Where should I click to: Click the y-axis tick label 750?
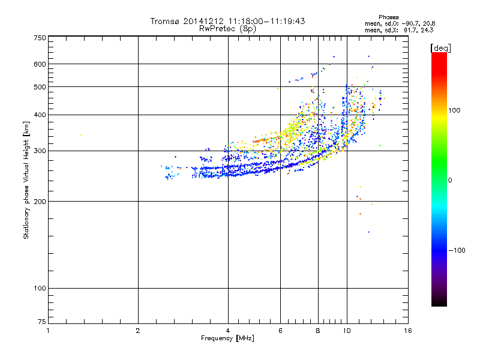click(x=40, y=37)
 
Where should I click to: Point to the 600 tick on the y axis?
click(x=40, y=64)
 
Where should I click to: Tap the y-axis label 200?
click(x=40, y=201)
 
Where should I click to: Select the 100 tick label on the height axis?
click(x=40, y=289)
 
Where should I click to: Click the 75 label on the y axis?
click(x=41, y=324)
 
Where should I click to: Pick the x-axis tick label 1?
click(x=48, y=331)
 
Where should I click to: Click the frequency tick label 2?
click(x=138, y=331)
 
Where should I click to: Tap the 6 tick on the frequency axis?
click(x=280, y=331)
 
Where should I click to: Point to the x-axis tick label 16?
click(x=408, y=331)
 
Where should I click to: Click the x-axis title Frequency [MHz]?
click(x=227, y=338)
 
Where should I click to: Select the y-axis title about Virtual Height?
click(x=26, y=180)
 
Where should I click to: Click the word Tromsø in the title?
click(x=164, y=21)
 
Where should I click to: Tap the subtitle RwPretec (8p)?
click(x=227, y=28)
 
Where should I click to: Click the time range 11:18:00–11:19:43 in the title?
click(x=262, y=21)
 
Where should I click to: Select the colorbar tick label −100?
click(x=456, y=250)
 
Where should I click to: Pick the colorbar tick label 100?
click(x=455, y=110)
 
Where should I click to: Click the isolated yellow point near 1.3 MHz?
click(x=80, y=135)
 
